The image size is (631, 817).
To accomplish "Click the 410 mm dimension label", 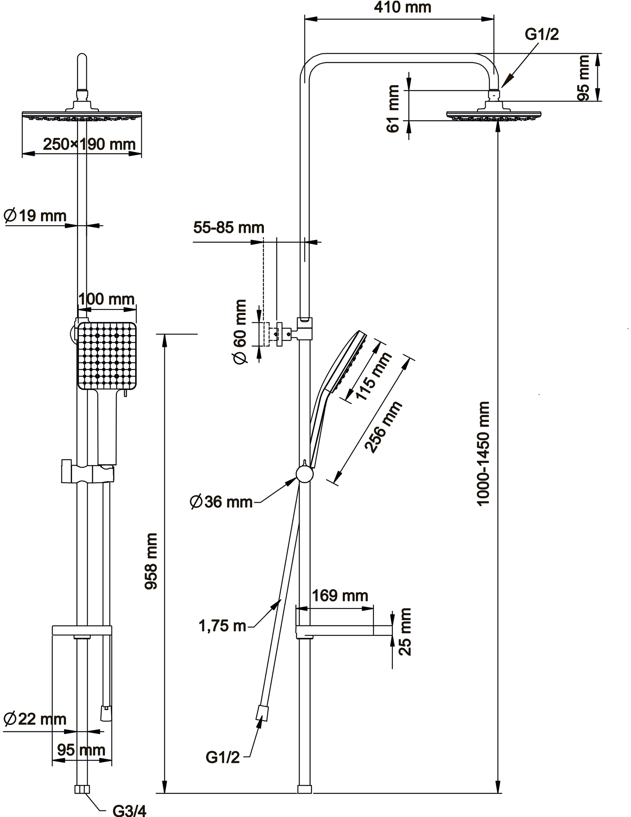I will (402, 8).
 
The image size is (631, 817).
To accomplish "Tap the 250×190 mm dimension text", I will (89, 144).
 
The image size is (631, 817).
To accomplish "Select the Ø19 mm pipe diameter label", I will (35, 216).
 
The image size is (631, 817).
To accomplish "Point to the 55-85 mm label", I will (229, 228).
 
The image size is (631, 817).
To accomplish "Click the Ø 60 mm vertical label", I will (240, 331).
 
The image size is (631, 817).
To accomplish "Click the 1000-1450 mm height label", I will (483, 454).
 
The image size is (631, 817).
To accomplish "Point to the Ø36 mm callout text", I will (221, 502).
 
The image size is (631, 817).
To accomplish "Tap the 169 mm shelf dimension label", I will (339, 596).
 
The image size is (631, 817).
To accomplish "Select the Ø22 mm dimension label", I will (35, 719).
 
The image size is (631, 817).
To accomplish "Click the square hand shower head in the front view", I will (107, 356).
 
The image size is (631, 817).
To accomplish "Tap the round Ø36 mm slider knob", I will (305, 474).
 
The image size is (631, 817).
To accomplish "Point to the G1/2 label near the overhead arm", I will (541, 35).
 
